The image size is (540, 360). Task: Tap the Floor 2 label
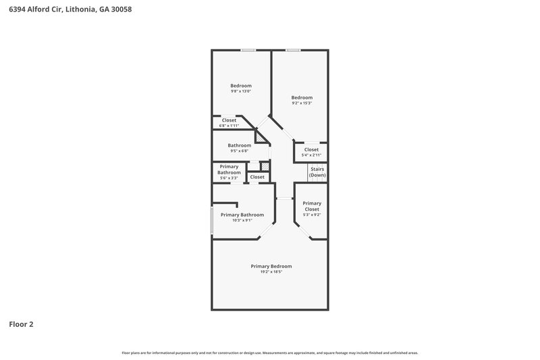pyautogui.click(x=21, y=324)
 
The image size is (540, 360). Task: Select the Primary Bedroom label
pyautogui.click(x=271, y=266)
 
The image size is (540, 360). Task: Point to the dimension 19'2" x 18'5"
pyautogui.click(x=271, y=272)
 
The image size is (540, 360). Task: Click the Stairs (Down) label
pyautogui.click(x=317, y=172)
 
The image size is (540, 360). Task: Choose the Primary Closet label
pyautogui.click(x=311, y=206)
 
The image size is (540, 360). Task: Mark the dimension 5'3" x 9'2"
pyautogui.click(x=311, y=215)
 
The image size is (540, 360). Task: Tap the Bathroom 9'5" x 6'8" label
pyautogui.click(x=239, y=145)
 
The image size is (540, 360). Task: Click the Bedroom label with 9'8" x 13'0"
pyautogui.click(x=241, y=86)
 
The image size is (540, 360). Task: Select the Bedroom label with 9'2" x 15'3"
pyautogui.click(x=302, y=97)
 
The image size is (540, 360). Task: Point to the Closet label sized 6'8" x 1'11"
pyautogui.click(x=229, y=120)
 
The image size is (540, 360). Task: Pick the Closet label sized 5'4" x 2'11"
pyautogui.click(x=311, y=150)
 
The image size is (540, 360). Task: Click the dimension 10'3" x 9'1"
pyautogui.click(x=242, y=220)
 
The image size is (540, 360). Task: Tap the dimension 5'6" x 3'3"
pyautogui.click(x=229, y=178)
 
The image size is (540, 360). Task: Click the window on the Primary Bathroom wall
pyautogui.click(x=212, y=220)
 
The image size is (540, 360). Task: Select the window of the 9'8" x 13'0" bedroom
pyautogui.click(x=248, y=50)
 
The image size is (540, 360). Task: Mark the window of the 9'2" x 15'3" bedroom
pyautogui.click(x=292, y=50)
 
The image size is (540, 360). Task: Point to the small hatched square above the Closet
pyautogui.click(x=265, y=166)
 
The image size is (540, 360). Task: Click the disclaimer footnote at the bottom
pyautogui.click(x=270, y=353)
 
